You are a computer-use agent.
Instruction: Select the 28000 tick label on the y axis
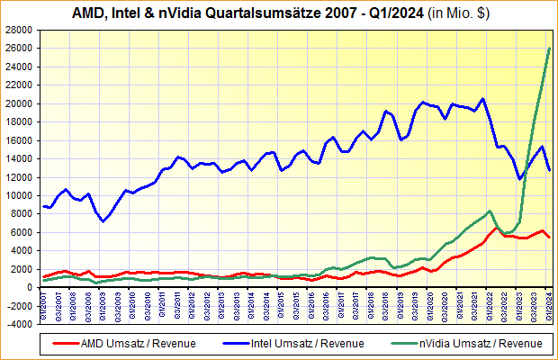tap(20, 30)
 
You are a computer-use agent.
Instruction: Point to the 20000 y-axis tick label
tap(20, 103)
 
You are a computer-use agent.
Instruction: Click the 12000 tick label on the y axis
tap(20, 177)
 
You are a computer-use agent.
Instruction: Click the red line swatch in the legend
tap(64, 343)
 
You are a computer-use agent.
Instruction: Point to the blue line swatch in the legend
tap(233, 343)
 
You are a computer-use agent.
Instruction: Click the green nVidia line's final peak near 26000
tap(550, 49)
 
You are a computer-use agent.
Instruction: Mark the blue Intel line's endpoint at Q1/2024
tap(550, 170)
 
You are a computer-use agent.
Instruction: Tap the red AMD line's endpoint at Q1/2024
tap(550, 238)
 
